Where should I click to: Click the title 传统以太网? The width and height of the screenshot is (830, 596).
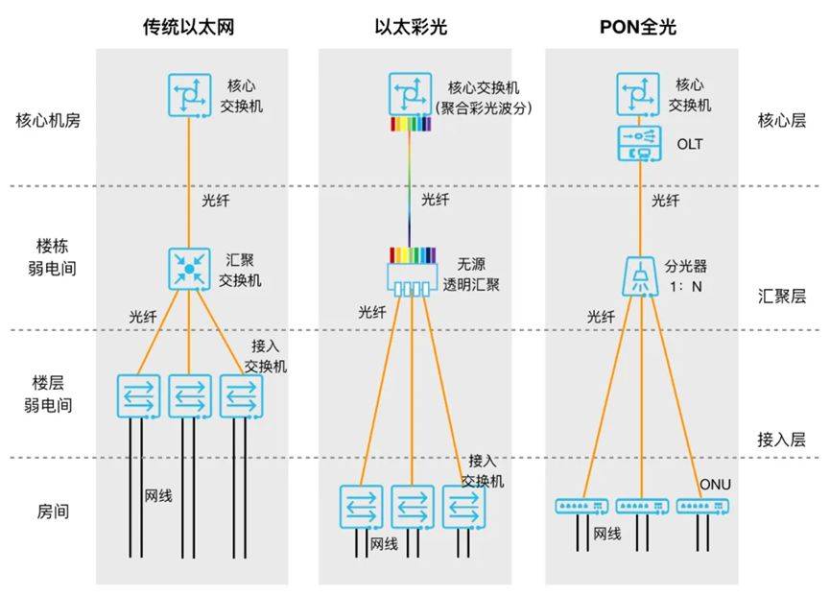coord(188,27)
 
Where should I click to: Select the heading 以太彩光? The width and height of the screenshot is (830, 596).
coord(411,27)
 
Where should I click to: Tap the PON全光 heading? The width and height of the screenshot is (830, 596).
coord(638,27)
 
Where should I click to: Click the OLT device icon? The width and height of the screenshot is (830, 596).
coord(639,143)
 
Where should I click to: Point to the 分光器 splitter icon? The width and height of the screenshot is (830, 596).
coord(640,276)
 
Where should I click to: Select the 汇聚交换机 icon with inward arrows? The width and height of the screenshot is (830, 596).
coord(189,269)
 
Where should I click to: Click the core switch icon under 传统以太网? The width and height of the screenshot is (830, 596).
coord(189,95)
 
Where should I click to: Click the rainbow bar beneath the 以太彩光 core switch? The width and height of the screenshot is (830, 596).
coord(411,124)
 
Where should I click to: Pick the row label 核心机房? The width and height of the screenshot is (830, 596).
coord(48,121)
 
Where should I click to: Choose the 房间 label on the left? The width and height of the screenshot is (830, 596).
coord(53,512)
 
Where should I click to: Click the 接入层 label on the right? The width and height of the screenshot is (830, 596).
coord(781,440)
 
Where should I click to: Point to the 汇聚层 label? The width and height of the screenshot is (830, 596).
coord(782,296)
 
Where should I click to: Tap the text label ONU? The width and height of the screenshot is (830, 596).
coord(715,485)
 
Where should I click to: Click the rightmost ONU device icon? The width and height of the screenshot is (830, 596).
coord(703,507)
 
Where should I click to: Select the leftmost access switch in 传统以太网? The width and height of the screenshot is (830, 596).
coord(138,396)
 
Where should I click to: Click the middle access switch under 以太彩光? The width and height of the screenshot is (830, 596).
coord(413,507)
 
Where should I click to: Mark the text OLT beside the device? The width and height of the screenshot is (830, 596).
coord(690,144)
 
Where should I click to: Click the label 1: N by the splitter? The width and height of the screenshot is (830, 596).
coord(686,287)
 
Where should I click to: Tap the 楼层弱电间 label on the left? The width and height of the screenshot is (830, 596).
coord(48,393)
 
